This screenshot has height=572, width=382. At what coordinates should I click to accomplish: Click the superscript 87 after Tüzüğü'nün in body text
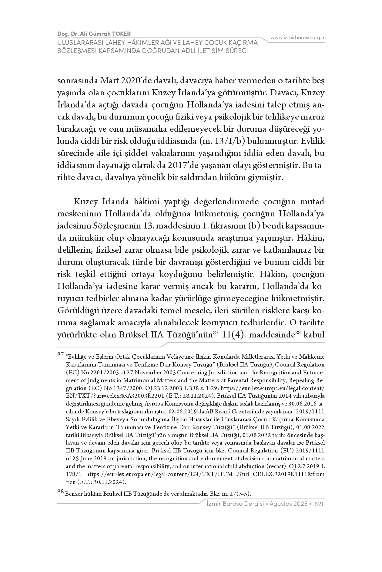[216, 333]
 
